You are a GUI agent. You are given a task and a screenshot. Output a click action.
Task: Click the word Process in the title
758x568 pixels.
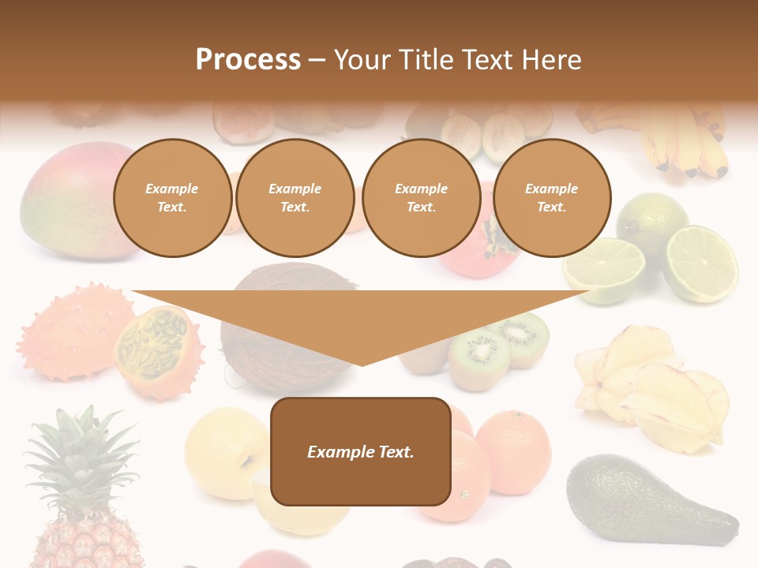(248, 60)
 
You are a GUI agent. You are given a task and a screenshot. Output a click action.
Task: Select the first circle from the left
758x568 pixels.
(172, 198)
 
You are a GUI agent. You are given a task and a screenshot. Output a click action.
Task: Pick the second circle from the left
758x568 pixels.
(295, 198)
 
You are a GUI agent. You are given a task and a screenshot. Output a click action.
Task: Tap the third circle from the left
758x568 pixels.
(421, 198)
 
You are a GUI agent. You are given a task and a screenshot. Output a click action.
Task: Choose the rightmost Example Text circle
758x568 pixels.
(551, 198)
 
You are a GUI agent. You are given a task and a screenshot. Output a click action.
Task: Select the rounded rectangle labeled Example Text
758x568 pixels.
(361, 451)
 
